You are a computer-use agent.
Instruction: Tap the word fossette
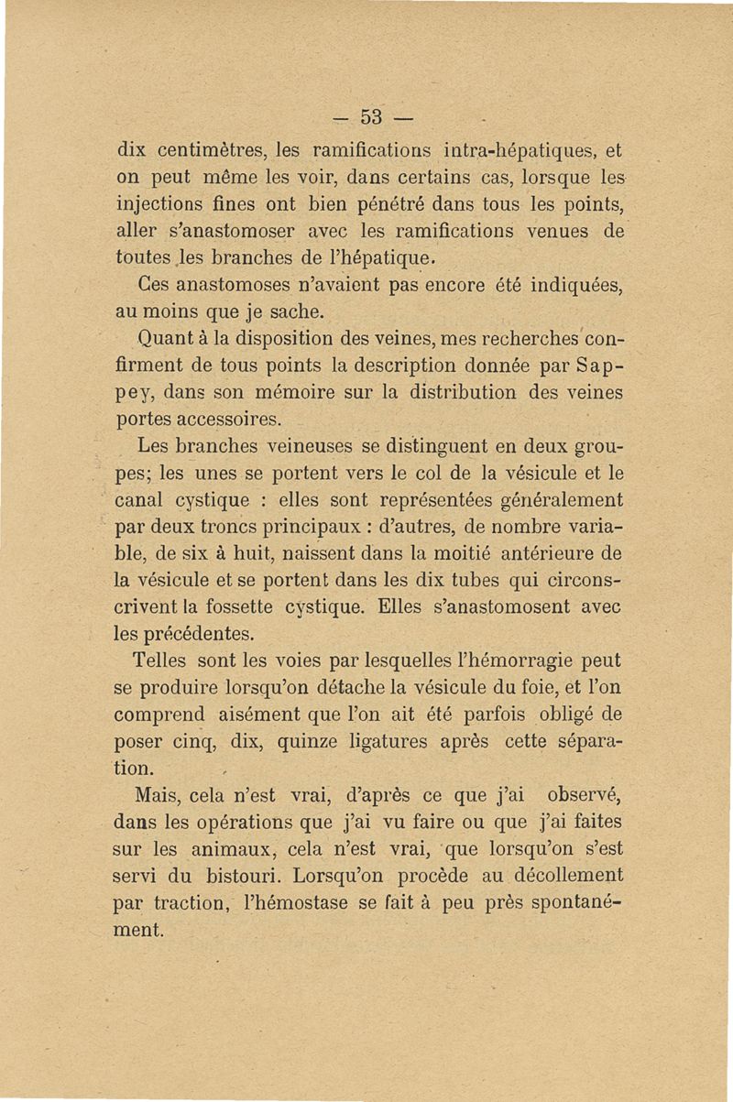(254, 606)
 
